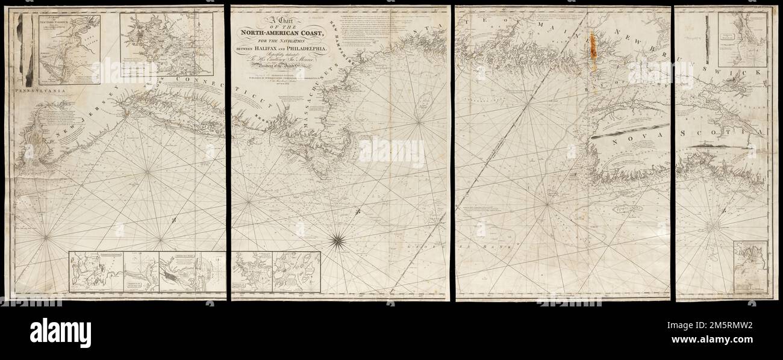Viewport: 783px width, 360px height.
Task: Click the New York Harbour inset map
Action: click(69, 49)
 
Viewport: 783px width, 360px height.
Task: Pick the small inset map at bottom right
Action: click(750, 264)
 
